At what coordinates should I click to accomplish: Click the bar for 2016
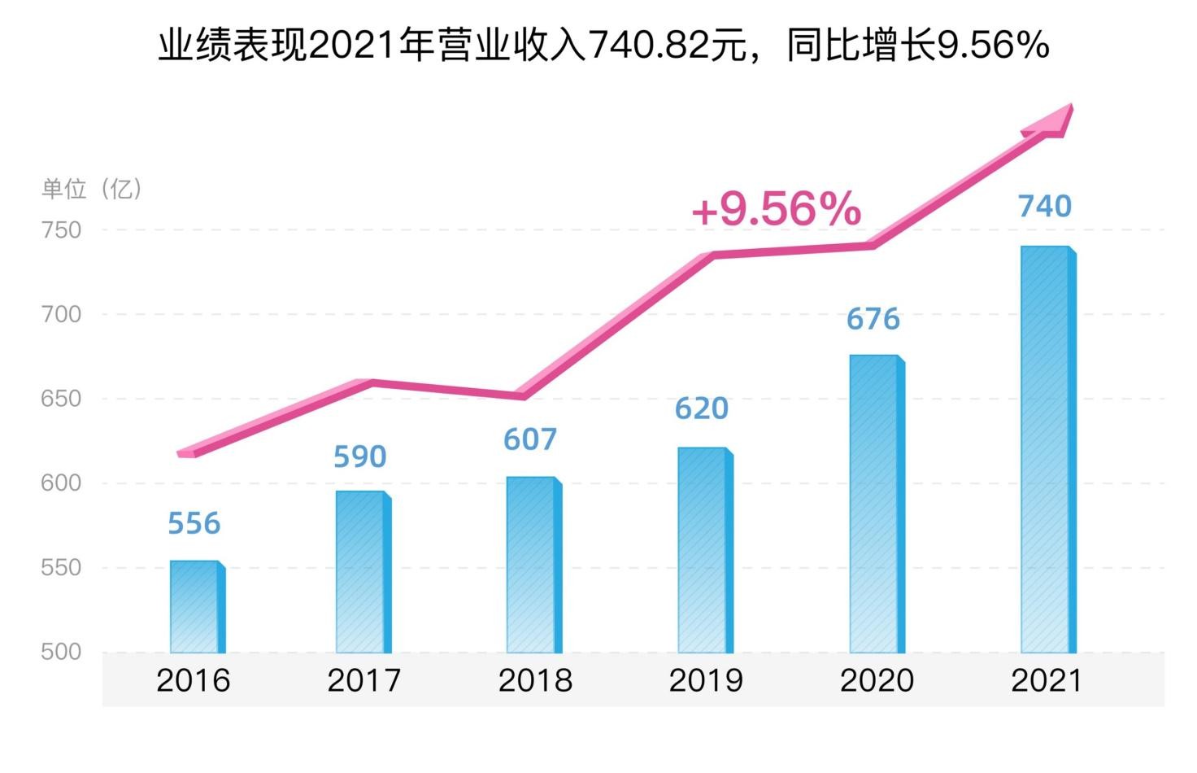tap(197, 607)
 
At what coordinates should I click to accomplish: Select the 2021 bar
tap(1047, 449)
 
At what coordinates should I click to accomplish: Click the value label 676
tap(873, 319)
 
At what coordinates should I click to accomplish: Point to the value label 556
tap(194, 523)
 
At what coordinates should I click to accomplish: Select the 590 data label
tap(360, 457)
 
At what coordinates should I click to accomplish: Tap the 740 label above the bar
tap(1045, 207)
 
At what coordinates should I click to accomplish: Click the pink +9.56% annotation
tap(776, 209)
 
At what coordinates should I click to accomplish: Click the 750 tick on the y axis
tap(62, 230)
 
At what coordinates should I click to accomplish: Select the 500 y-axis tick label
tap(62, 652)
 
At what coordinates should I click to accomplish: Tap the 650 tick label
tap(62, 399)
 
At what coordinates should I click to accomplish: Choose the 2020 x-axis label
tap(877, 680)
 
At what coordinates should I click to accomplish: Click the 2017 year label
tap(364, 680)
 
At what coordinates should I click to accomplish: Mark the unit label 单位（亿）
tap(92, 190)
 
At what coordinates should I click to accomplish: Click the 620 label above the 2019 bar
tap(702, 408)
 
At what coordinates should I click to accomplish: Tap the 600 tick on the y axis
tap(62, 483)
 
